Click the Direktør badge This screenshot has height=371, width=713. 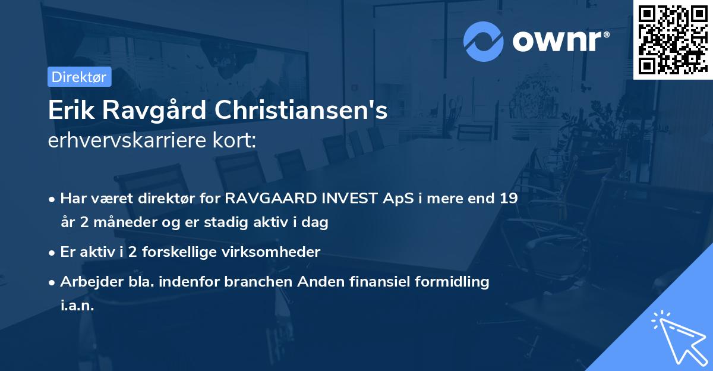coord(79,77)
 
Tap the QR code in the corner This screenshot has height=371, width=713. coord(672,39)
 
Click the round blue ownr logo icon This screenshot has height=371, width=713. coord(484,40)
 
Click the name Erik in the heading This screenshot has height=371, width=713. coord(70,111)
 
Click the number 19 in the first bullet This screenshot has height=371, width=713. coord(508,199)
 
